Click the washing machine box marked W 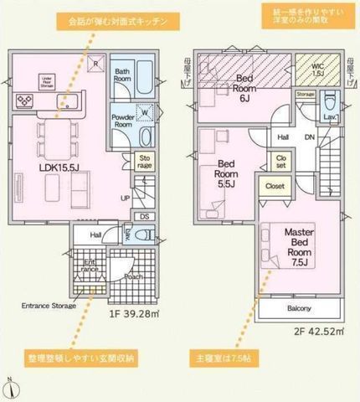tap(147, 111)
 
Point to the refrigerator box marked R tap(96, 63)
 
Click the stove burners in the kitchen tap(24, 102)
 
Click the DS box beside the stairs tap(145, 215)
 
